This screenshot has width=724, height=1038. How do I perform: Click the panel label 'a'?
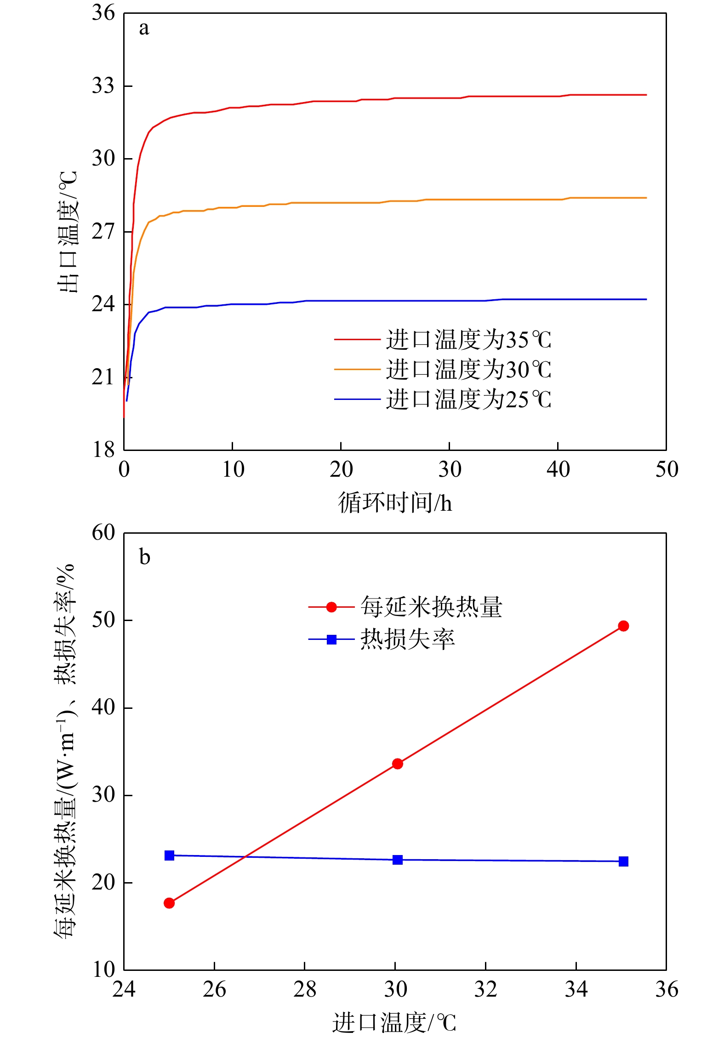click(144, 29)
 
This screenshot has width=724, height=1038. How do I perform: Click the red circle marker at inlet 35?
click(623, 626)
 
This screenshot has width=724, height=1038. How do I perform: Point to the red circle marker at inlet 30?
click(398, 764)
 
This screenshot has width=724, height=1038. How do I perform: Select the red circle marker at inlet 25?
click(169, 903)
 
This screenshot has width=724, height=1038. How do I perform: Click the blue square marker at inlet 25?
click(169, 855)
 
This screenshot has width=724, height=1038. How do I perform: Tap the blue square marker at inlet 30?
click(398, 860)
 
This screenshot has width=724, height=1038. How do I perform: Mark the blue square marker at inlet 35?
click(623, 861)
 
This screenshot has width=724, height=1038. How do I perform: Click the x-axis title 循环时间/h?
click(395, 502)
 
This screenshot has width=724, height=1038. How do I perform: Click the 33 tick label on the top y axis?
click(103, 86)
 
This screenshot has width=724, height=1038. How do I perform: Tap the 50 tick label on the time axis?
click(667, 469)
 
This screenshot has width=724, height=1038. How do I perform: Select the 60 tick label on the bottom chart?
click(103, 533)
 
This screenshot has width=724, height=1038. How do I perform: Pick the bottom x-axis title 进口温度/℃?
click(394, 1022)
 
